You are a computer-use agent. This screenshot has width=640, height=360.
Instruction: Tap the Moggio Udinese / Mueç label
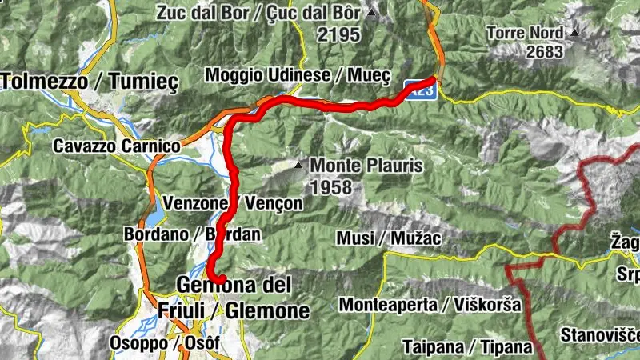pyautogui.click(x=298, y=75)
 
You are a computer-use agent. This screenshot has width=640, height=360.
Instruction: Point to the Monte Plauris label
pyautogui.click(x=366, y=166)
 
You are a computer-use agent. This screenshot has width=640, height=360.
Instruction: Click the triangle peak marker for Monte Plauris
pyautogui.click(x=298, y=166)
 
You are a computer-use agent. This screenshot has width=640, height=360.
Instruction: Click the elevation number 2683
pyautogui.click(x=546, y=52)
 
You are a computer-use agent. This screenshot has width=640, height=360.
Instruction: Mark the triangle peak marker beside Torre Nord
pyautogui.click(x=575, y=33)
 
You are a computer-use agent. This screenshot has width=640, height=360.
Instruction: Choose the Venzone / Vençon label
pyautogui.click(x=232, y=203)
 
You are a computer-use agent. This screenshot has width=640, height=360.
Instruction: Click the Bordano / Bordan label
pyautogui.click(x=181, y=234)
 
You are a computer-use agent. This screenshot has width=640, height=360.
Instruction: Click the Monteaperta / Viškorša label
pyautogui.click(x=430, y=305)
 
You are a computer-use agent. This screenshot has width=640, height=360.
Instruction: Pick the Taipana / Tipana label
pyautogui.click(x=467, y=346)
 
